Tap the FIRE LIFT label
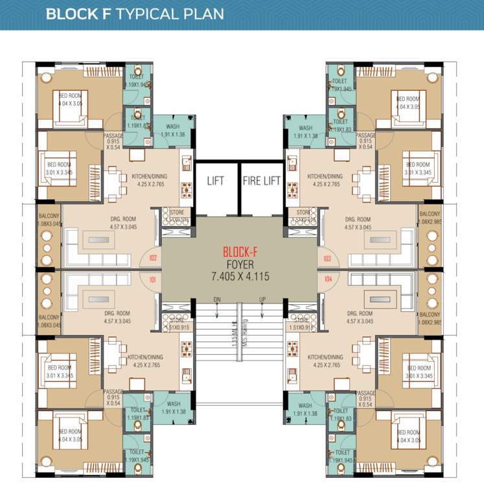(x=262, y=180)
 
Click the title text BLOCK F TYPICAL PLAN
(x=135, y=14)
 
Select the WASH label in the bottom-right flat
(x=306, y=405)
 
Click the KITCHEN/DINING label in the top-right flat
(x=325, y=176)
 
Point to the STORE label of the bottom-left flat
(x=177, y=320)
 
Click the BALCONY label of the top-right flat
(x=430, y=215)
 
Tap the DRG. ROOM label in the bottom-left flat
(x=121, y=313)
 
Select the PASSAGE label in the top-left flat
(x=113, y=136)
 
